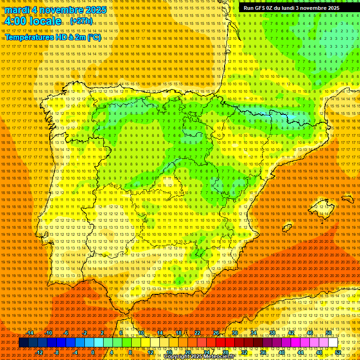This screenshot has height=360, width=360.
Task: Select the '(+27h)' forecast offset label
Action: (x=82, y=22)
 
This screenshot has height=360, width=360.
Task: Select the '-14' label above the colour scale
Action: (x=30, y=333)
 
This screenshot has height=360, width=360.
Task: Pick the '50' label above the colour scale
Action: (x=329, y=333)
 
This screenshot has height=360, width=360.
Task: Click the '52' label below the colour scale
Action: (x=338, y=352)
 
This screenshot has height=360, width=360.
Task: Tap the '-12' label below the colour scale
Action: (x=39, y=352)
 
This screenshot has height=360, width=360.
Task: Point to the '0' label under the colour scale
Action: (x=93, y=352)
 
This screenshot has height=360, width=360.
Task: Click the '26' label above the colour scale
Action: (x=216, y=333)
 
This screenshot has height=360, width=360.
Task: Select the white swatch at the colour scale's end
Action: (x=333, y=343)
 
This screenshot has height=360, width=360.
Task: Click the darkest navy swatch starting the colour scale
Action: (x=23, y=343)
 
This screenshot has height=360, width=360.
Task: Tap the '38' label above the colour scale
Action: (x=272, y=333)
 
